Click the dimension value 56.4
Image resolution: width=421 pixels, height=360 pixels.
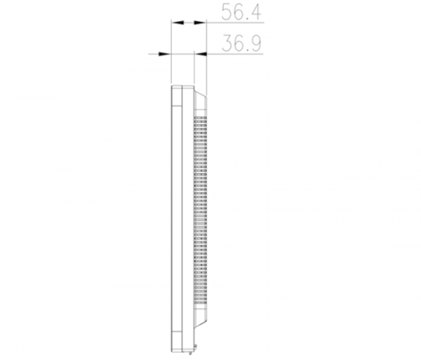241,13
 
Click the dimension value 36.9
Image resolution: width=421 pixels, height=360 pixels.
241,44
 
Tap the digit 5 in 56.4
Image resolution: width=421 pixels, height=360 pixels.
227,13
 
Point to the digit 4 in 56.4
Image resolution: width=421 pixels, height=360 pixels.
255,13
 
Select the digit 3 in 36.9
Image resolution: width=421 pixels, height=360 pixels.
227,44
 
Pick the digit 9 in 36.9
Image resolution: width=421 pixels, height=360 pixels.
256,44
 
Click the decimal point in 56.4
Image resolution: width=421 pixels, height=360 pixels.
246,19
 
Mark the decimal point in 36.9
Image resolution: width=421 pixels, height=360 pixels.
246,50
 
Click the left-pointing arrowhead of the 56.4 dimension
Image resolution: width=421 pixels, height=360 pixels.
178,23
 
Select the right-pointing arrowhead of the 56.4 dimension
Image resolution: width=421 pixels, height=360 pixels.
200,23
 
